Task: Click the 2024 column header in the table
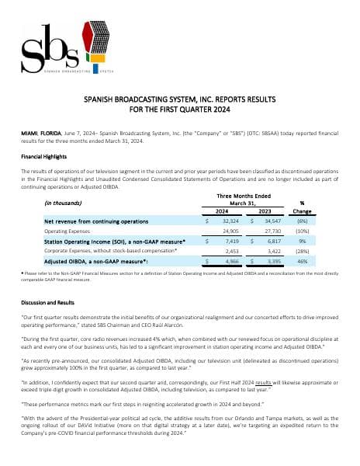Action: pos(222,210)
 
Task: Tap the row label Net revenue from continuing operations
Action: pos(95,221)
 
